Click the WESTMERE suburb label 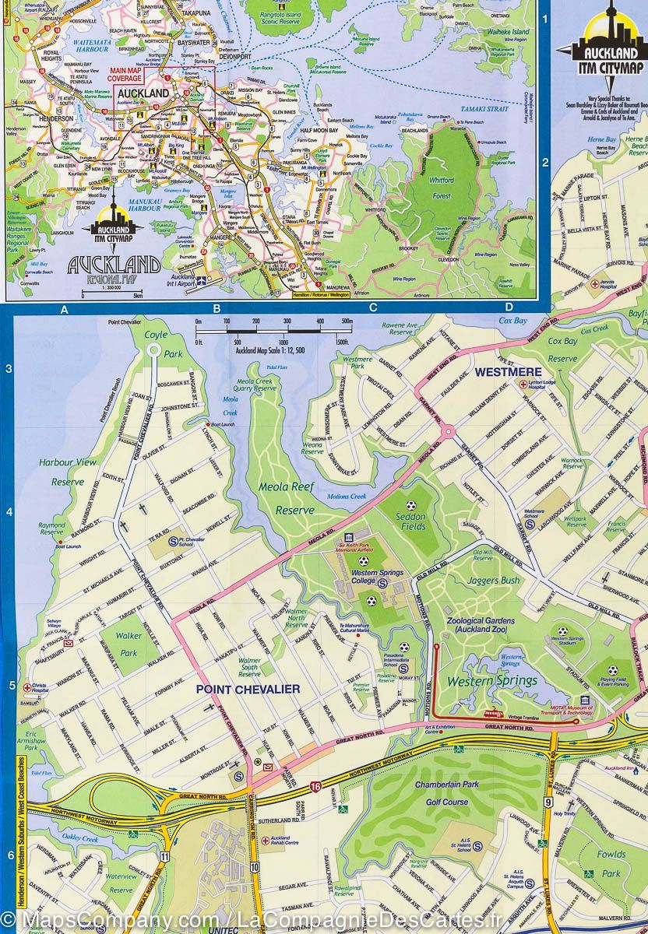509,371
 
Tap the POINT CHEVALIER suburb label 237,690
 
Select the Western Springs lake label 491,681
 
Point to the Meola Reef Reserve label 289,498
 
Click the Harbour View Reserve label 68,472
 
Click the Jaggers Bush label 493,581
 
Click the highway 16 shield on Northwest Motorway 315,788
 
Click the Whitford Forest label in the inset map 440,187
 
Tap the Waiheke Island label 509,32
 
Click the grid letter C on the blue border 372,308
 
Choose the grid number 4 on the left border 9,511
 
